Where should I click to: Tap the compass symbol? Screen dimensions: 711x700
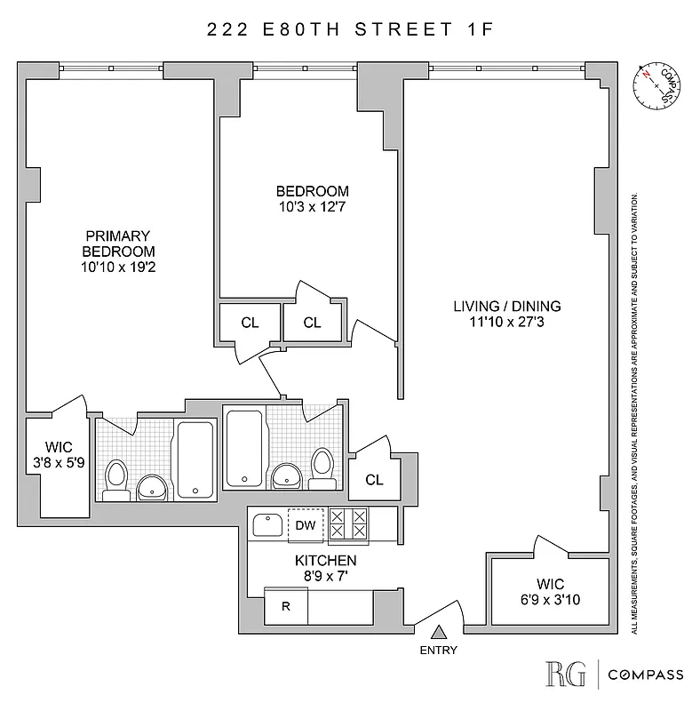click(x=656, y=86)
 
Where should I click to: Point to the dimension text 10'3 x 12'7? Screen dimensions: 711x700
click(x=312, y=207)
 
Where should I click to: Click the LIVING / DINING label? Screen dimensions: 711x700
click(x=507, y=307)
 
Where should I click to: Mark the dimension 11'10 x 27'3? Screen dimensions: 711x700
click(x=507, y=323)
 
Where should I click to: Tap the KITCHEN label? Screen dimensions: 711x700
click(x=325, y=561)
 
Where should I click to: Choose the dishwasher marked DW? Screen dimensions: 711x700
click(x=305, y=525)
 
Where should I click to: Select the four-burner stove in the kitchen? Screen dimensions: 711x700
click(x=347, y=525)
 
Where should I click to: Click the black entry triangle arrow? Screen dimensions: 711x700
click(x=438, y=632)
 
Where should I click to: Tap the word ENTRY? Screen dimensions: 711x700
click(x=438, y=650)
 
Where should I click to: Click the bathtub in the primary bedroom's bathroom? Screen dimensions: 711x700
click(x=195, y=459)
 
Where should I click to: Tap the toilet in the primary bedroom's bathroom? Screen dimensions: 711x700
click(x=116, y=477)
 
